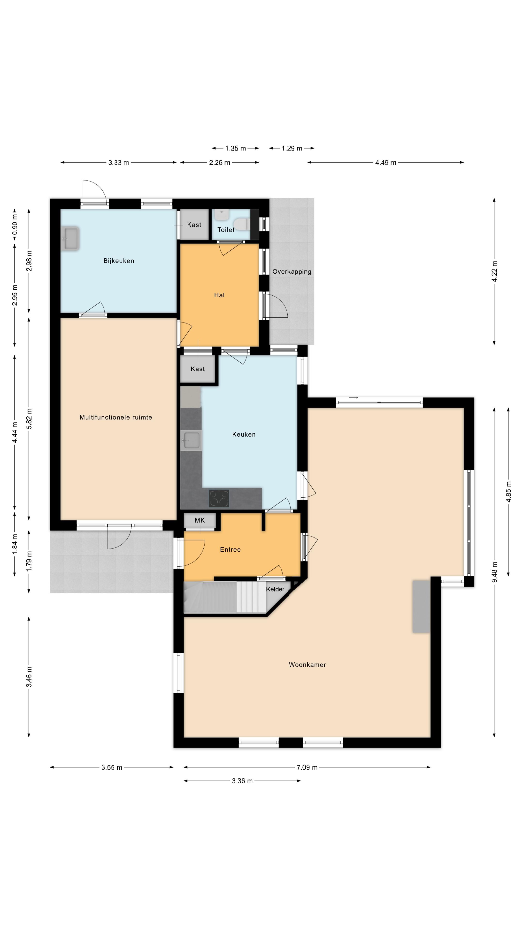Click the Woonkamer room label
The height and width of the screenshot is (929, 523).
[307, 665]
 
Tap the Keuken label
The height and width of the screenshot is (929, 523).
[244, 435]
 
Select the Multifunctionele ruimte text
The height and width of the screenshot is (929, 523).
[115, 417]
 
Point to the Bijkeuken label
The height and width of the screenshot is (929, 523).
[119, 261]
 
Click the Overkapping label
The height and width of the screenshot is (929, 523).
[292, 271]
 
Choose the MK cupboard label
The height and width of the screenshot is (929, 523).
[200, 520]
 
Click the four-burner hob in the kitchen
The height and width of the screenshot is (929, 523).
[219, 498]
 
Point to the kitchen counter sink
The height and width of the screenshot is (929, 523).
[191, 440]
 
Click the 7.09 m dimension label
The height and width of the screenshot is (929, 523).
[307, 767]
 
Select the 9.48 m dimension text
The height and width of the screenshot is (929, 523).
[494, 572]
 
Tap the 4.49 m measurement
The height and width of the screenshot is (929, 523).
[385, 163]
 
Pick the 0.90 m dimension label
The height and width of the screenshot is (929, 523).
[15, 224]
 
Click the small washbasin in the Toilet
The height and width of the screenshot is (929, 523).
[221, 215]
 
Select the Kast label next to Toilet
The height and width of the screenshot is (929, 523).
[194, 225]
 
